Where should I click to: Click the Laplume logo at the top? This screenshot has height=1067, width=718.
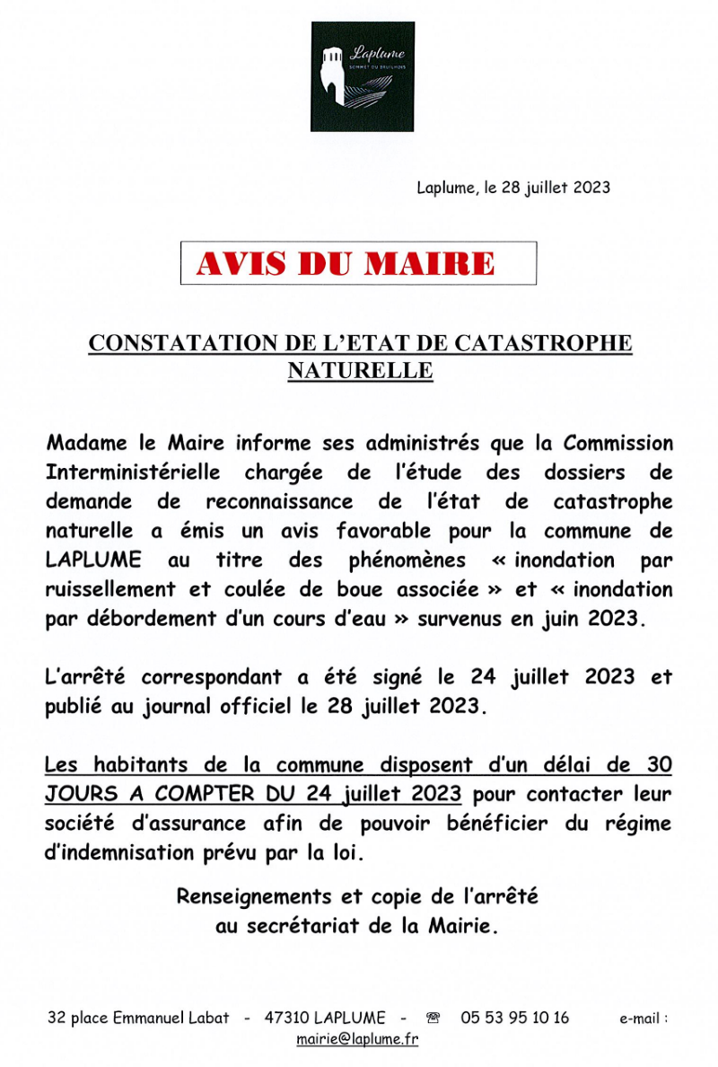pos(363,77)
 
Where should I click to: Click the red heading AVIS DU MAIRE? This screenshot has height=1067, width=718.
pos(346,263)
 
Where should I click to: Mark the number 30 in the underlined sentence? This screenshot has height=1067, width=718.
pos(659,765)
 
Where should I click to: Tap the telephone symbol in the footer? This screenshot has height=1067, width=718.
pos(433,1018)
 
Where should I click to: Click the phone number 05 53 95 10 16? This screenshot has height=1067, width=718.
pos(515,1018)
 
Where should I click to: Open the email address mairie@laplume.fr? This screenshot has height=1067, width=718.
pos(357,1040)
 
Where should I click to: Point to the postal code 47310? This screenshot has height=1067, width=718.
pos(287,1018)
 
